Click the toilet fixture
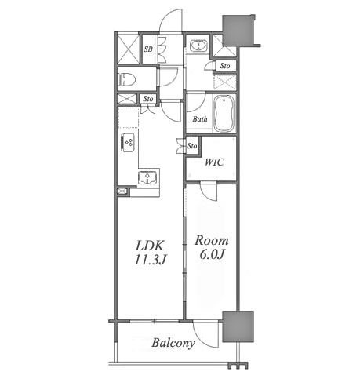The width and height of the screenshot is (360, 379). click(127, 79)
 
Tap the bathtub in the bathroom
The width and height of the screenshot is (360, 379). click(224, 114)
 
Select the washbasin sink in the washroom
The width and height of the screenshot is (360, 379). click(199, 46)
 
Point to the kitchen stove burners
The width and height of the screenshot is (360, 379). click(129, 142)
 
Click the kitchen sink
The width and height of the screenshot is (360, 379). click(147, 178)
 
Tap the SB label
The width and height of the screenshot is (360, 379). click(148, 49)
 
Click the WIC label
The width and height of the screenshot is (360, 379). click(214, 162)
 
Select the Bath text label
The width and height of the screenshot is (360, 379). click(200, 119)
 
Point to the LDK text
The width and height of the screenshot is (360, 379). click(150, 246)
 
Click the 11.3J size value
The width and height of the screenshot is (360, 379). click(151, 260)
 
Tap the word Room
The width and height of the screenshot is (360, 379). click(212, 240)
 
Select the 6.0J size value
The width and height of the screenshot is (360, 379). click(212, 254)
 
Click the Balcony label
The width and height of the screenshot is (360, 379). click(173, 343)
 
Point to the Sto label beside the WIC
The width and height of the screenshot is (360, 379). click(192, 145)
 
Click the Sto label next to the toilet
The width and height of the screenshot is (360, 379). click(148, 99)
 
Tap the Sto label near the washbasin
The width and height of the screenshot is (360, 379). click(225, 66)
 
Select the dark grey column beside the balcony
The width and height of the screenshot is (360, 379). click(238, 326)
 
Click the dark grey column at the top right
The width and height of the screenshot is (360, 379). click(238, 31)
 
